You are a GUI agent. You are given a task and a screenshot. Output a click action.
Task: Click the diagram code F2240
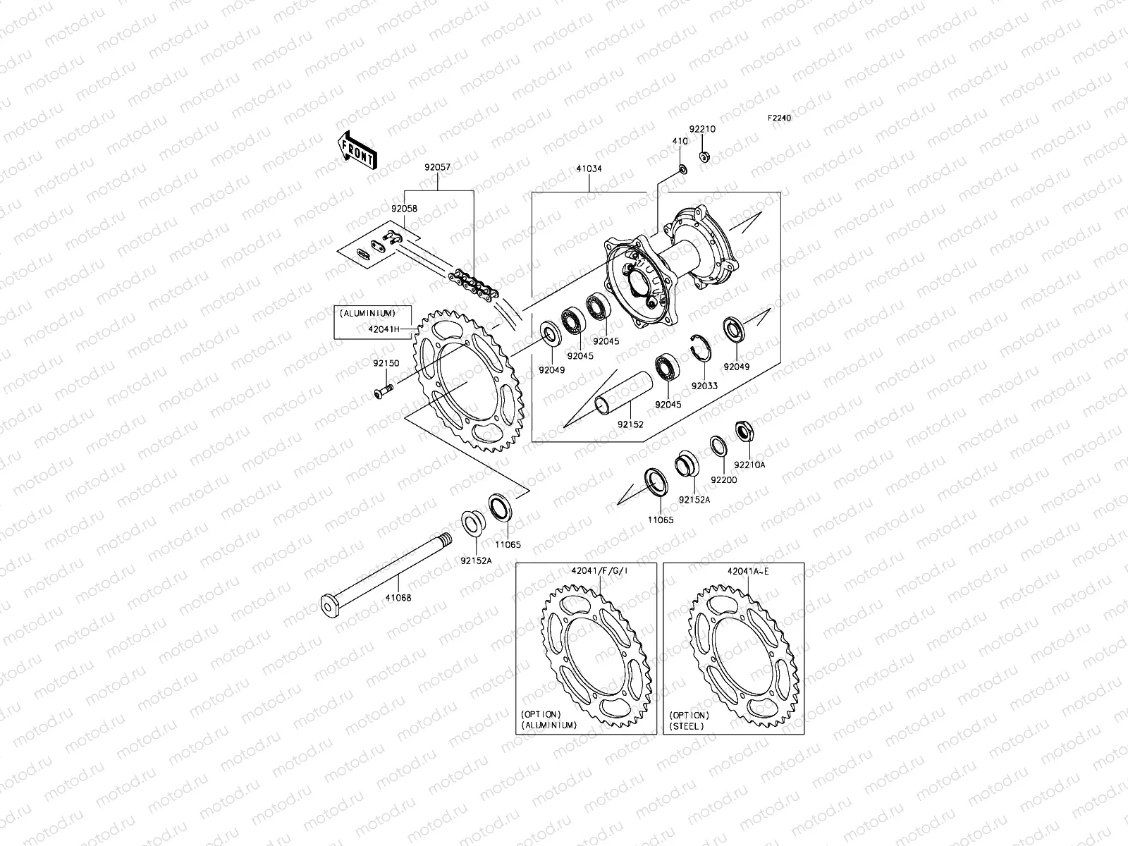pyautogui.click(x=780, y=118)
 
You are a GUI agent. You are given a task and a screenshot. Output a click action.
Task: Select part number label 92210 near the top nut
pyautogui.click(x=702, y=130)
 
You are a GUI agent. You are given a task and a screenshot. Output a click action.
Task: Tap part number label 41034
pyautogui.click(x=589, y=169)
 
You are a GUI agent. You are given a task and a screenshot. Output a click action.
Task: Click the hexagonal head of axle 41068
pyautogui.click(x=329, y=604)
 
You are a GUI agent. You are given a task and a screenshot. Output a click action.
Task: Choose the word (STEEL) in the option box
pyautogui.click(x=687, y=725)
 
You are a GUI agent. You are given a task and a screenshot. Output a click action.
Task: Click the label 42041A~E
pyautogui.click(x=748, y=572)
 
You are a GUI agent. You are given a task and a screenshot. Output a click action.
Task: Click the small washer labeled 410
pyautogui.click(x=682, y=168)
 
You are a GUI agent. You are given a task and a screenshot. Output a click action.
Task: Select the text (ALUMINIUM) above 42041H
pyautogui.click(x=367, y=313)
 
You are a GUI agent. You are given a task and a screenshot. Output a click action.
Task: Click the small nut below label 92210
pyautogui.click(x=704, y=157)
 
